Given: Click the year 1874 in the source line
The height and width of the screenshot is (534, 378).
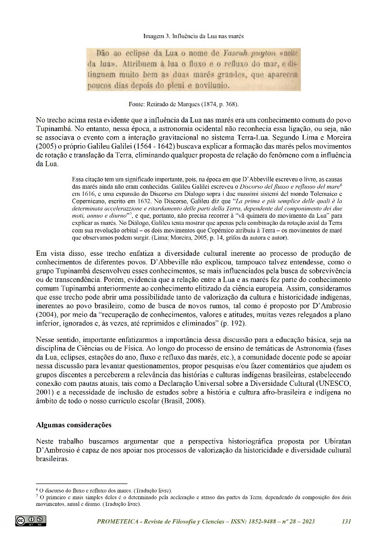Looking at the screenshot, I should coord(208,104).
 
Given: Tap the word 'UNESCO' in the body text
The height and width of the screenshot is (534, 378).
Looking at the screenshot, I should coord(334,383).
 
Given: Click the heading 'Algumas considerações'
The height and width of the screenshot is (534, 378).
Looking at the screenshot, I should coord(74,424).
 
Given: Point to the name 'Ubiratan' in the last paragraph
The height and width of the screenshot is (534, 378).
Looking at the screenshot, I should coord(337,441).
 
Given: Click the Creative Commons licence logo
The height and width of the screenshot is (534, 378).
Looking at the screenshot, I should coord(31,521).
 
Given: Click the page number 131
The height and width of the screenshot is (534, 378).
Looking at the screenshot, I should coord(347,522).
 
